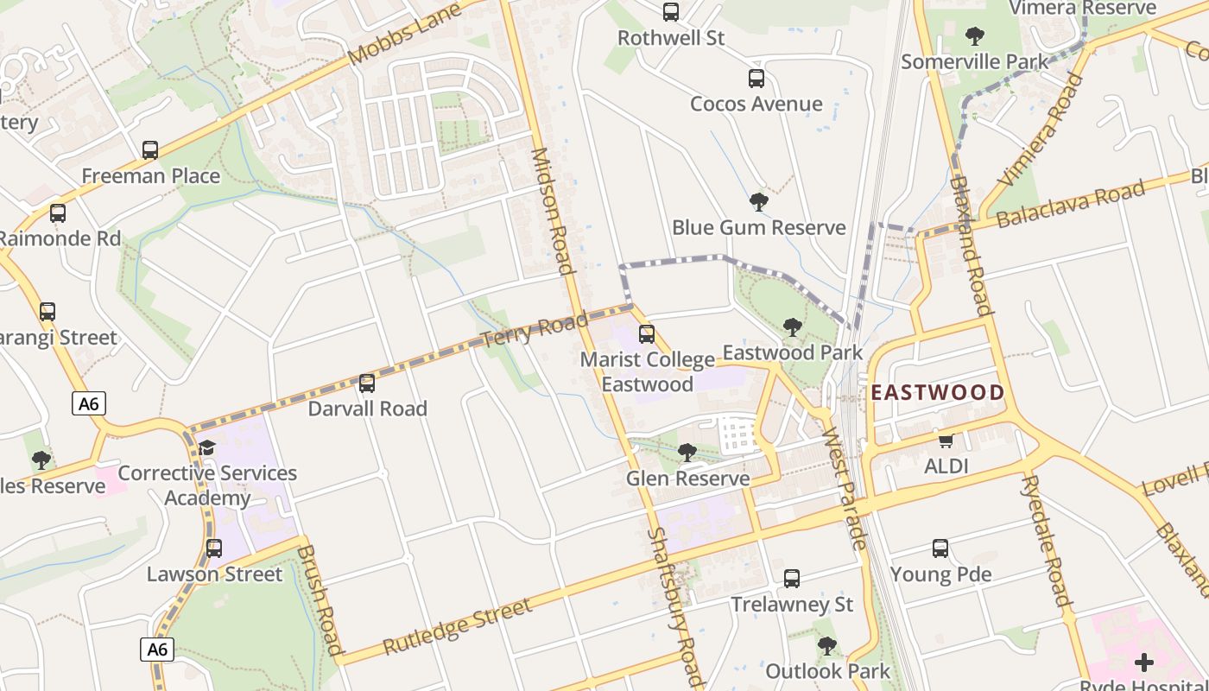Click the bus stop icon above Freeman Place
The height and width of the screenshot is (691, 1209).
(150, 150)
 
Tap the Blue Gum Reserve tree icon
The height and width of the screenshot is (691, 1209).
(759, 202)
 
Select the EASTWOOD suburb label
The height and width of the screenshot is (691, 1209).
(937, 393)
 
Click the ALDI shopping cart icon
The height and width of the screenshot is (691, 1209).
(946, 441)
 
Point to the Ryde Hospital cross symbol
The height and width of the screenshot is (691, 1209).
(1144, 662)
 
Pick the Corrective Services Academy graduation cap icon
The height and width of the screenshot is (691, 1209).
(206, 447)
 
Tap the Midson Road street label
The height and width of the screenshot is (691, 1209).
(552, 211)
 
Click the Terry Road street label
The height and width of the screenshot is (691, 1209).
(528, 330)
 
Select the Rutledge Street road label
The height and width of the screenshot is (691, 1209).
(457, 626)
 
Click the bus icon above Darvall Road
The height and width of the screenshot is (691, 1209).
(367, 383)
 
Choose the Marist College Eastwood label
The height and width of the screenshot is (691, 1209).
(647, 371)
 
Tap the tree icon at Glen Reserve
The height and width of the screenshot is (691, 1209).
(687, 453)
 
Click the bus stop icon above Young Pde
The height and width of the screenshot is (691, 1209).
(940, 548)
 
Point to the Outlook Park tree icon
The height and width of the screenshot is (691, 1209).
(827, 645)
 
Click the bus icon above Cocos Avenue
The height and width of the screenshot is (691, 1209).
(756, 79)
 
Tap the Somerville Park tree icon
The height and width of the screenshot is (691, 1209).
(975, 36)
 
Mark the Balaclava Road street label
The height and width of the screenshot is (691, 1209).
(1070, 204)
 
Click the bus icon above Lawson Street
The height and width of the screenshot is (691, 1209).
(214, 548)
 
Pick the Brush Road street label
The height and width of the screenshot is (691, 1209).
(320, 599)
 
